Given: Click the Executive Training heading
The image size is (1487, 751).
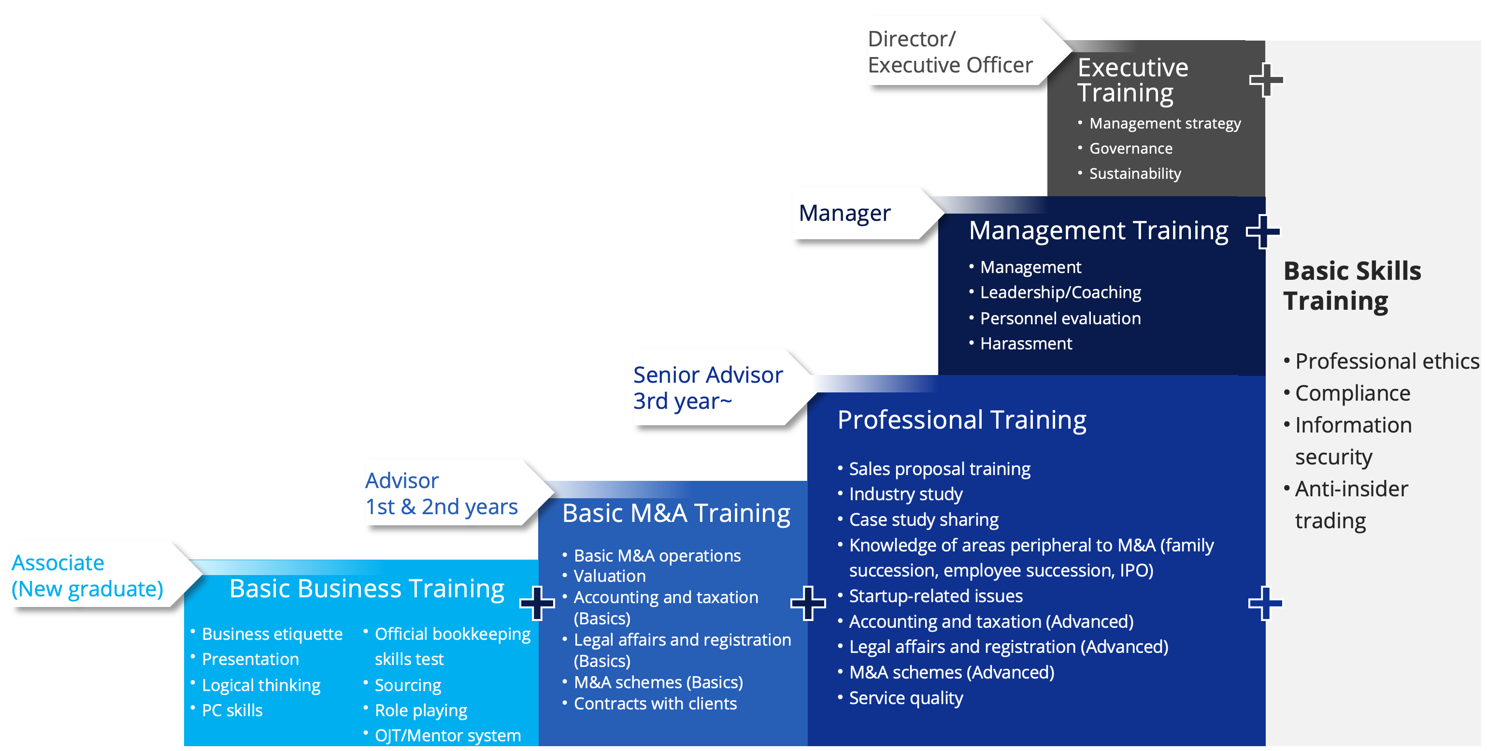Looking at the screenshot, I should (x=1132, y=80).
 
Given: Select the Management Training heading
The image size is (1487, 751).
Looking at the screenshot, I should (x=1098, y=231).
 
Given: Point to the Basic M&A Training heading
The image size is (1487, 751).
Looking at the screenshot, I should (x=676, y=513).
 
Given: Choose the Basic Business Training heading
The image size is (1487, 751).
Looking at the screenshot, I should (x=367, y=588).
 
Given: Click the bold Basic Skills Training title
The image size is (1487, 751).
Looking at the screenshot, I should (x=1351, y=286).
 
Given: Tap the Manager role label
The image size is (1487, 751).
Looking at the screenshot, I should (x=844, y=213).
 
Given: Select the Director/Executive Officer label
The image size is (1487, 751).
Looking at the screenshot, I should (x=950, y=52).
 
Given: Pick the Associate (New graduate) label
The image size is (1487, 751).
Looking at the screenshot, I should (x=87, y=576).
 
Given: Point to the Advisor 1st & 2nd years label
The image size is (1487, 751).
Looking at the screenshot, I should (x=441, y=493).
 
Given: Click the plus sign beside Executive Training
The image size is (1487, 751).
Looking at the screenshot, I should (x=1266, y=80).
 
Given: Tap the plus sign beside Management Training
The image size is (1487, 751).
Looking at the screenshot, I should (x=1262, y=231).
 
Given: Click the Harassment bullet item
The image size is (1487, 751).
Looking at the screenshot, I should (x=1025, y=344).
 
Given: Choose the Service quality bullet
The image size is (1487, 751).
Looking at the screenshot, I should (x=905, y=698).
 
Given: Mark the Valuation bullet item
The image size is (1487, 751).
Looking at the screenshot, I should (x=609, y=576).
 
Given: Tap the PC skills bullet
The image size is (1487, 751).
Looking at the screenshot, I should (x=232, y=710).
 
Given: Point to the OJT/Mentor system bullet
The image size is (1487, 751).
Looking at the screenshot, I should (x=447, y=736).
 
